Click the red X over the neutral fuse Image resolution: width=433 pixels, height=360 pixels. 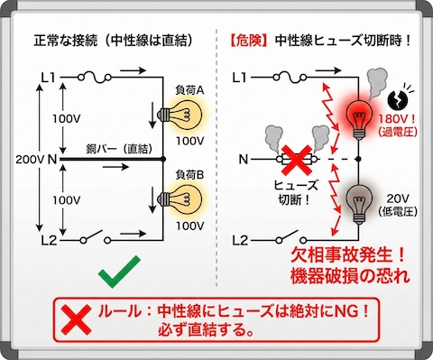pos(291,160)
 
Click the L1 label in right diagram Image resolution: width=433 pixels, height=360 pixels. pos(239,78)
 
